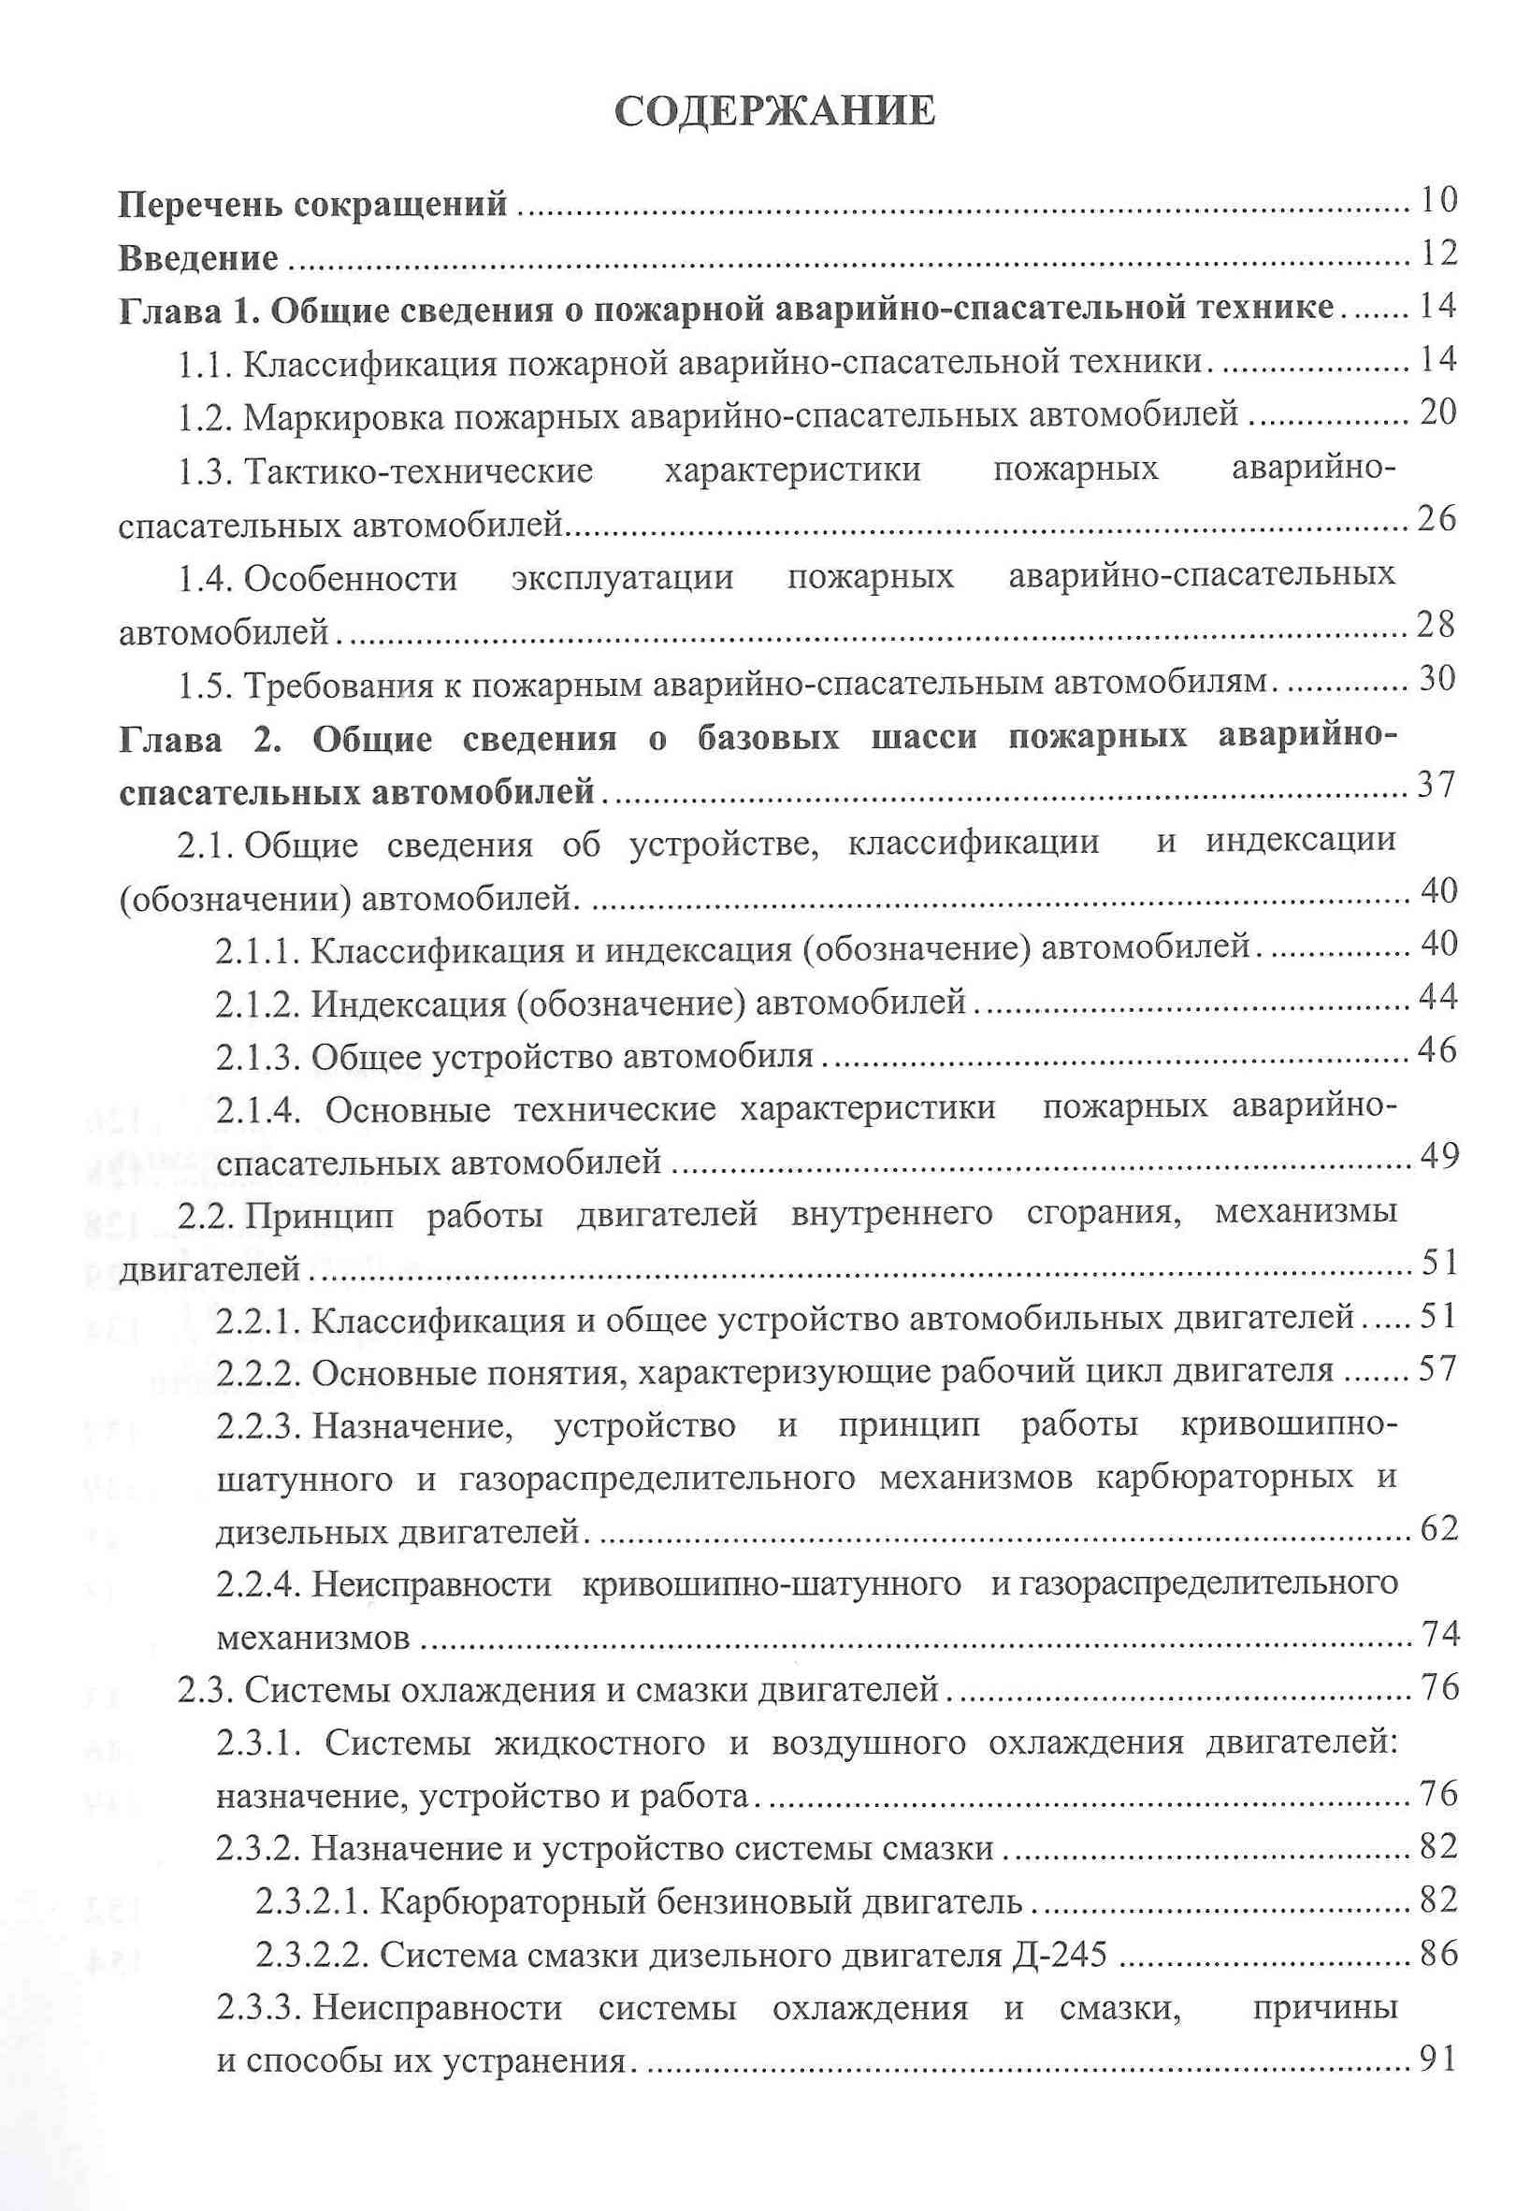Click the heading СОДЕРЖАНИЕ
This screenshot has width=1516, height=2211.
coord(774,112)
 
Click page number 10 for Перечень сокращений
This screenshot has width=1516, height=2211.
coord(1437,200)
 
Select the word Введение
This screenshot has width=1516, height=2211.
coord(199,258)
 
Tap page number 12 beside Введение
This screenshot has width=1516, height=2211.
coord(1437,253)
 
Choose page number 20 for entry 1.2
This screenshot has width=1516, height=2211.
coord(1437,412)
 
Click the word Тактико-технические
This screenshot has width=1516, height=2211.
coord(418,470)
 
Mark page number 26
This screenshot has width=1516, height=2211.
coord(1437,518)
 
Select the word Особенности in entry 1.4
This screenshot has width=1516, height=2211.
coord(351,577)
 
